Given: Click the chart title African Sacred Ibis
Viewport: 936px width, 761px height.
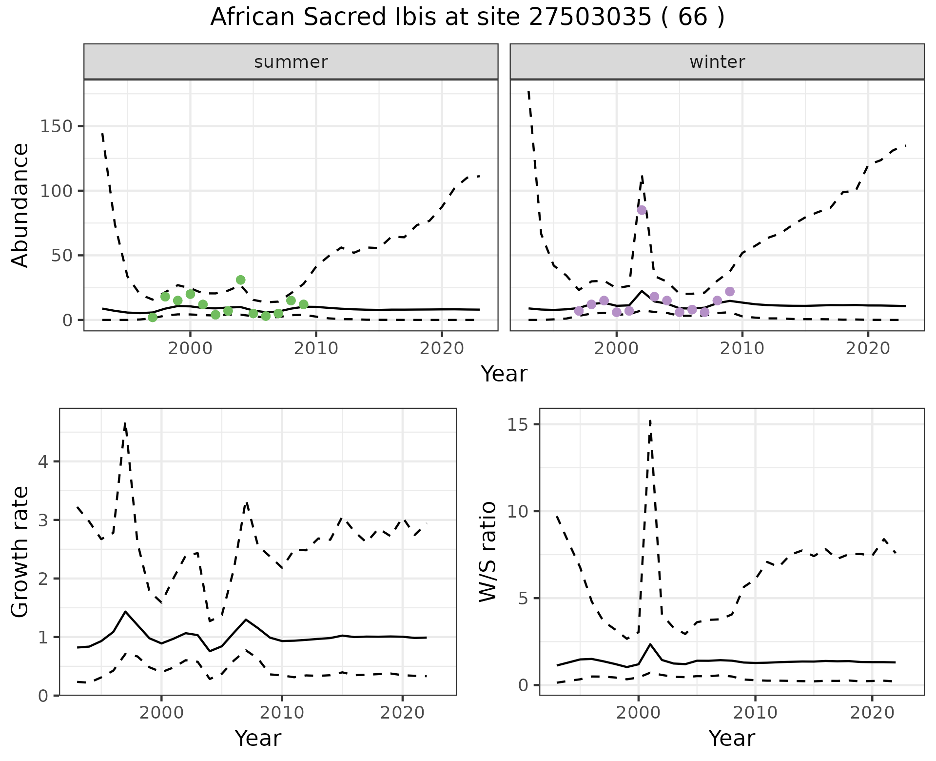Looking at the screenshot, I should click(x=467, y=18).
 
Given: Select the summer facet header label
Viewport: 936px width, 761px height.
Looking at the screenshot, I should click(x=291, y=62).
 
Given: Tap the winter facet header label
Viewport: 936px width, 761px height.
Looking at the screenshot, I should click(x=717, y=62).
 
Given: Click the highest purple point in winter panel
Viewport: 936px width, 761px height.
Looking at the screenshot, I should click(x=642, y=210).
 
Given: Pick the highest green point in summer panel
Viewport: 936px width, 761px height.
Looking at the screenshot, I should click(x=240, y=280).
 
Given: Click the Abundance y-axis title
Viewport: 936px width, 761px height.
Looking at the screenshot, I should click(x=20, y=205).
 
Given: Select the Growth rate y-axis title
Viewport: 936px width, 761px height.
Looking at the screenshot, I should click(x=20, y=552).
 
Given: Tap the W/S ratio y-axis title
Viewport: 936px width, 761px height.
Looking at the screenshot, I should click(x=488, y=552).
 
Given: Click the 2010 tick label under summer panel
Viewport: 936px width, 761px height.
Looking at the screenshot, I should click(x=316, y=348).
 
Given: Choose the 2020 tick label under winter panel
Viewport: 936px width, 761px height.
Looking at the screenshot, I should click(x=868, y=348).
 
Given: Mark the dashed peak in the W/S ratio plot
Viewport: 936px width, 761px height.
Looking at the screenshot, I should click(x=650, y=421).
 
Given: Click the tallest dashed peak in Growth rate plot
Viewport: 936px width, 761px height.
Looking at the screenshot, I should click(x=125, y=423).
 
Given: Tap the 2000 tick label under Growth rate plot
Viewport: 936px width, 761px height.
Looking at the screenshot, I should click(x=161, y=713).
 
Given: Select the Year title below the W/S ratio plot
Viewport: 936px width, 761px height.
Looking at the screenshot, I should click(x=732, y=738).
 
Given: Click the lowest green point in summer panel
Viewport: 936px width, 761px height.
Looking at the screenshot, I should click(x=153, y=318).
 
